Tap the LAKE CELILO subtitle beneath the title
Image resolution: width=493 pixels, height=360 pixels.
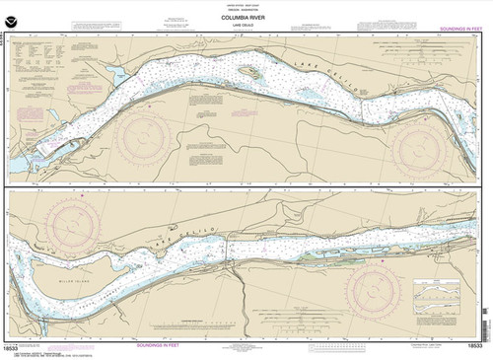pos(246,26)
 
